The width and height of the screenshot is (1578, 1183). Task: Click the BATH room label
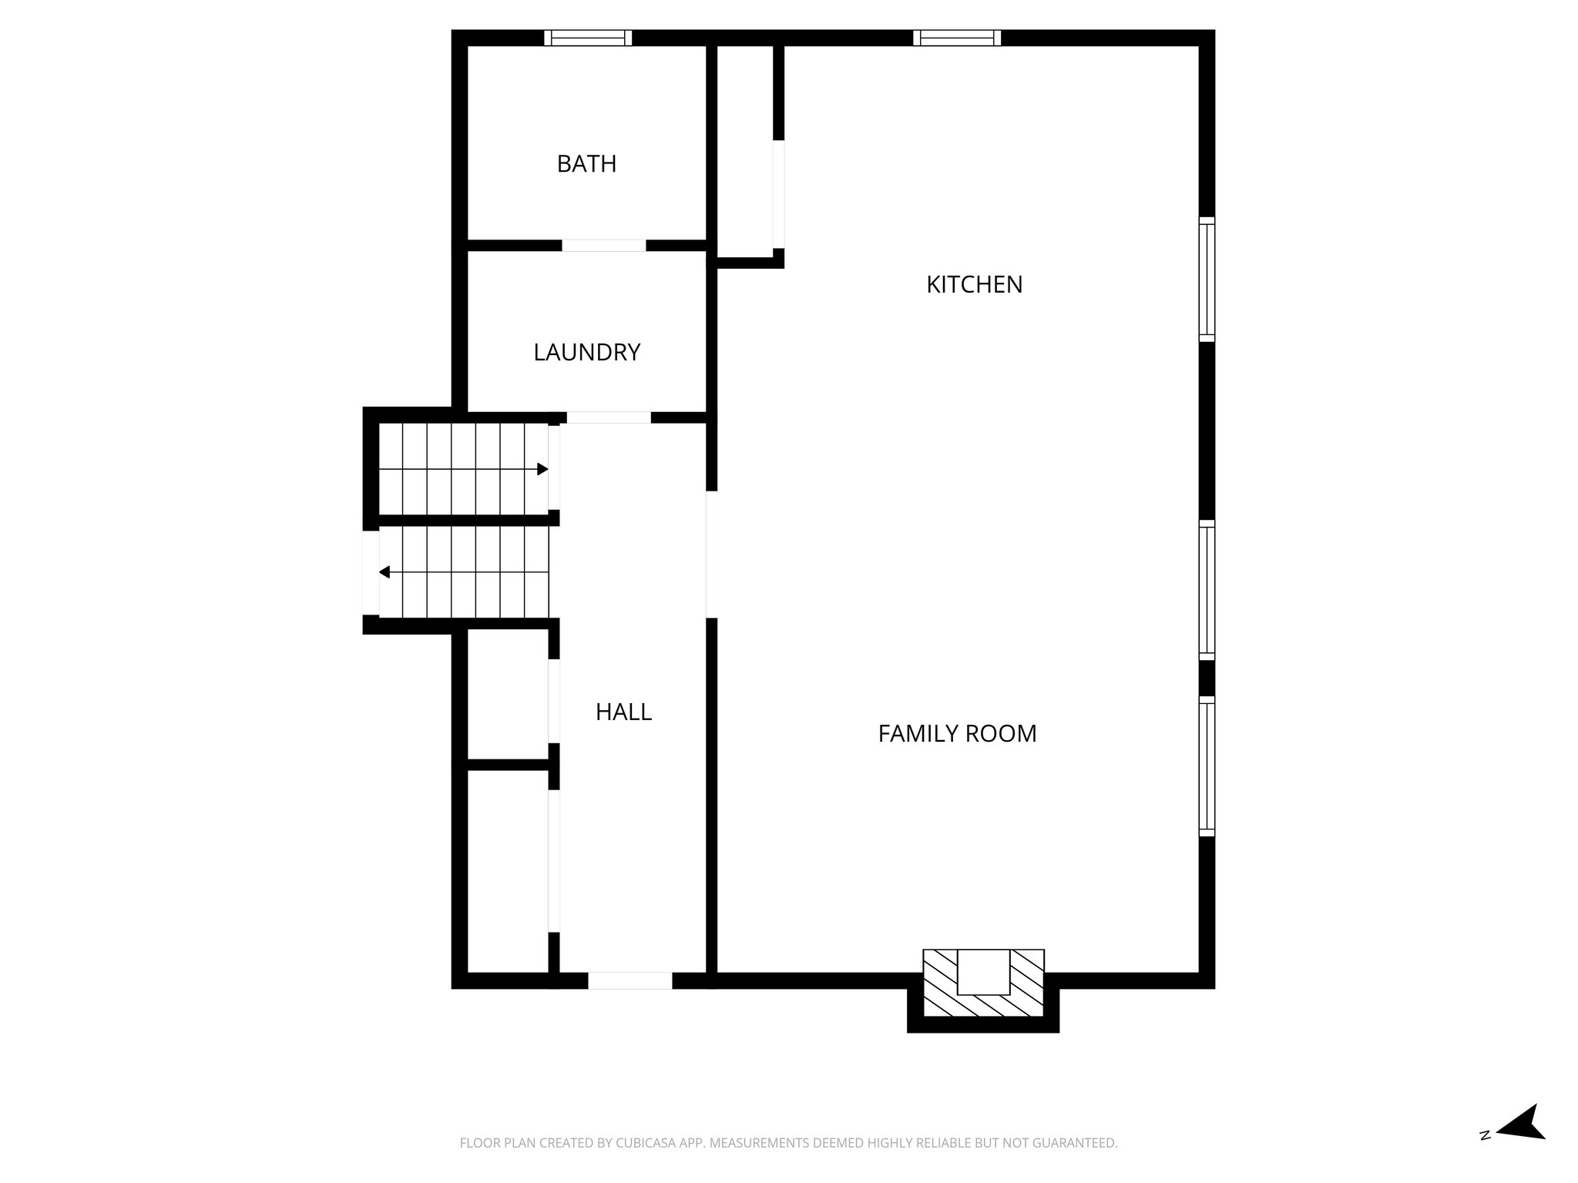(586, 164)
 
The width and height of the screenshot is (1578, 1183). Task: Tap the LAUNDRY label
(586, 352)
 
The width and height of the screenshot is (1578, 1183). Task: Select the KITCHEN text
(974, 285)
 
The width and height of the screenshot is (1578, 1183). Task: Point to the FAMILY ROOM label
(957, 733)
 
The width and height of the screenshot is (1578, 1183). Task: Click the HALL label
(623, 712)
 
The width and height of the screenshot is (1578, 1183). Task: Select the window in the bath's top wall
(588, 38)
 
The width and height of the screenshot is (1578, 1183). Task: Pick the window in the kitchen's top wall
(957, 38)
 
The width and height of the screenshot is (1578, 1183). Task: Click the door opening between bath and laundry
(603, 246)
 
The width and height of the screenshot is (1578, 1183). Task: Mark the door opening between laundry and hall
(609, 417)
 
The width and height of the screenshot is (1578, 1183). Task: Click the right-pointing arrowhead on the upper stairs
(543, 469)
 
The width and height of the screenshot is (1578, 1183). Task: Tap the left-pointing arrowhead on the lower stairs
(384, 572)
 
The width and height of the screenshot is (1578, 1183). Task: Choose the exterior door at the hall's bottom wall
(630, 980)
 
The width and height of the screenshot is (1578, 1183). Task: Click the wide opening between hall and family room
(712, 555)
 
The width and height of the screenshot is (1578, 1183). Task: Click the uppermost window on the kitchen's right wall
(1207, 279)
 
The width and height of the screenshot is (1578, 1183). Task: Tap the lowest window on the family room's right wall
(1207, 766)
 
